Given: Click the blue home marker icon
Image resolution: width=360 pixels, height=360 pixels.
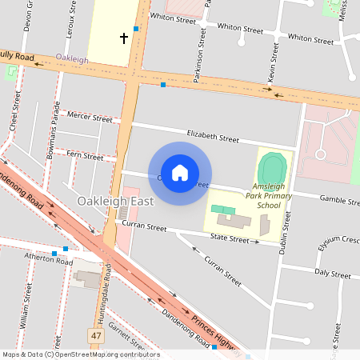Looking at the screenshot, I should point(180,172).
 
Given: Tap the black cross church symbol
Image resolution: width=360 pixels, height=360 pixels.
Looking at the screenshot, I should point(124,37).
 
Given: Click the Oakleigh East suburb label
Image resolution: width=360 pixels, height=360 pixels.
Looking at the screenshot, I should point(115,201).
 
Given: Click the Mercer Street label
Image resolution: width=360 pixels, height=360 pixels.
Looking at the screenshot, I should point(90,118).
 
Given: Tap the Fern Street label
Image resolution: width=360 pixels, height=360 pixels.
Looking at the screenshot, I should point(86,154).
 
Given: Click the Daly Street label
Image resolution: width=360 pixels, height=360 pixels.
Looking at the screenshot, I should point(333,273).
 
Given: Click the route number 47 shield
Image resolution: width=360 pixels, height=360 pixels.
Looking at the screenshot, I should point(96,335).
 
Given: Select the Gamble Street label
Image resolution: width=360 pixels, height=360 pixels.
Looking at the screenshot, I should point(338,198).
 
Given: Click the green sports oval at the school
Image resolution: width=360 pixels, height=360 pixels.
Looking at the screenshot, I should point(272,169).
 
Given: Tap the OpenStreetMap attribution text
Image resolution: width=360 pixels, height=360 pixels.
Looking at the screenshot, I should point(80,354).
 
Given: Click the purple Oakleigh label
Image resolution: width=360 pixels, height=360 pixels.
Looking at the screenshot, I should point(72,59).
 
